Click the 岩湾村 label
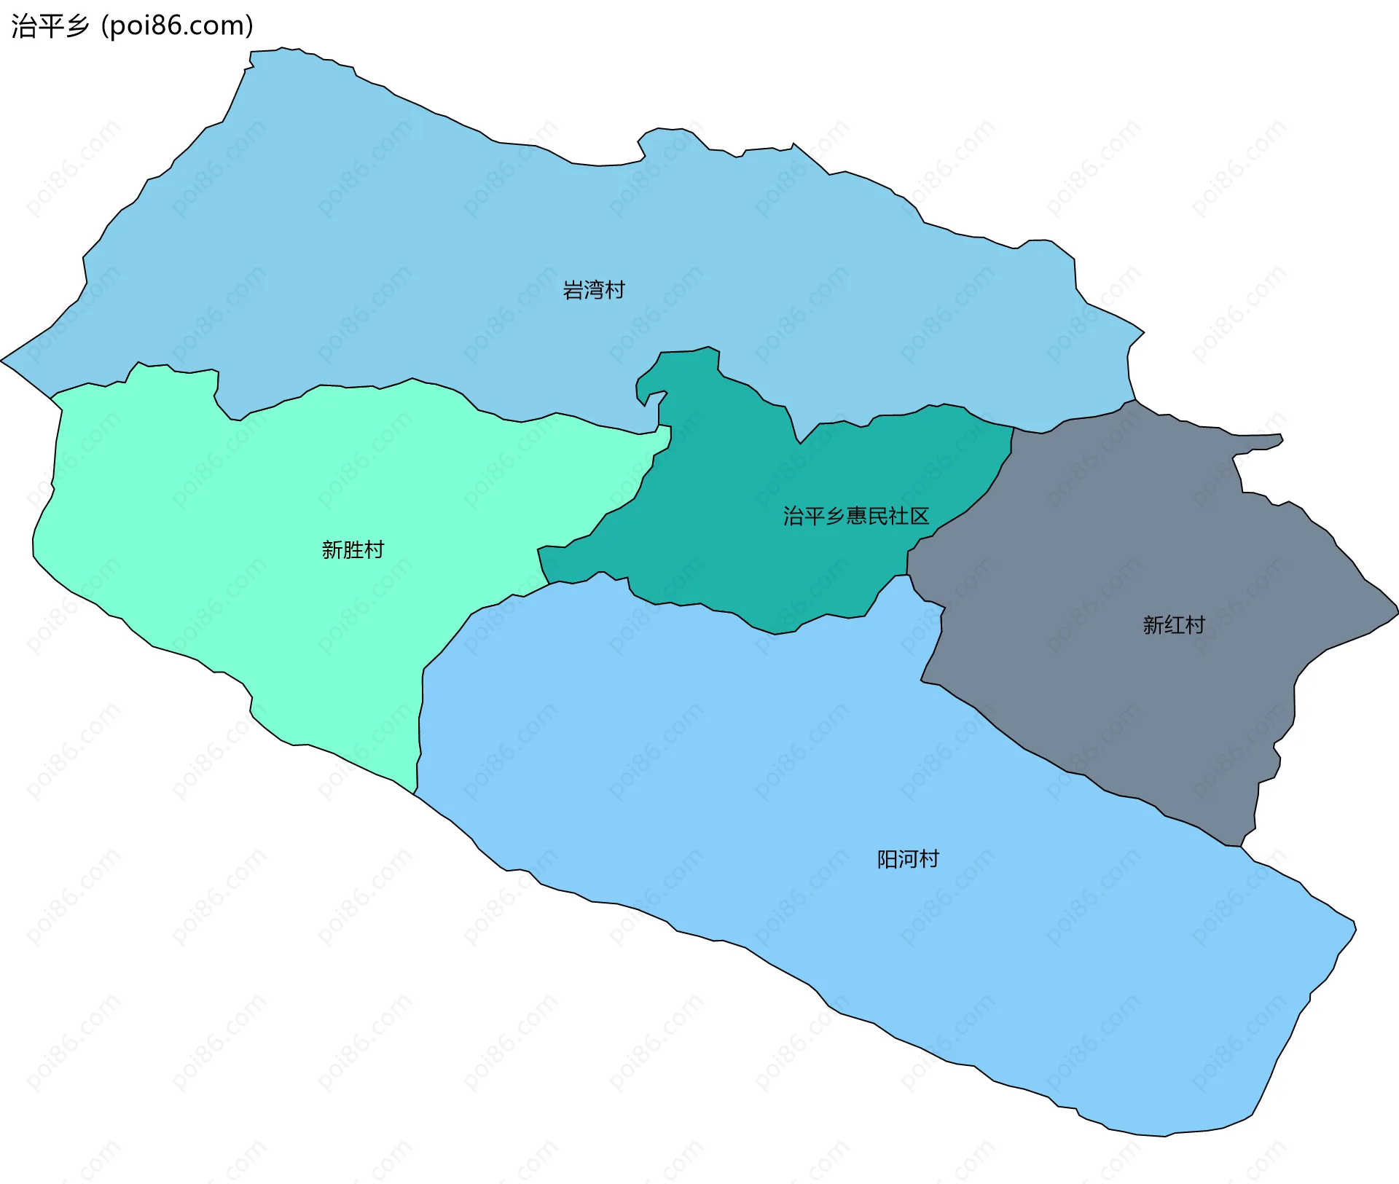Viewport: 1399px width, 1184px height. [x=593, y=290]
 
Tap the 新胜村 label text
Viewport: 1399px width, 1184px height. [x=353, y=549]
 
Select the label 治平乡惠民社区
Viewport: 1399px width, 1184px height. [x=855, y=516]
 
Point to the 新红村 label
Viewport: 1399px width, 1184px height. [x=1173, y=624]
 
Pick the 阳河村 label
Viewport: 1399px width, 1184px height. [x=907, y=859]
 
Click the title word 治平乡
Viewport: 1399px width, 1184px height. [x=50, y=26]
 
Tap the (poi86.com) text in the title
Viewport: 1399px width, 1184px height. [x=177, y=26]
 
